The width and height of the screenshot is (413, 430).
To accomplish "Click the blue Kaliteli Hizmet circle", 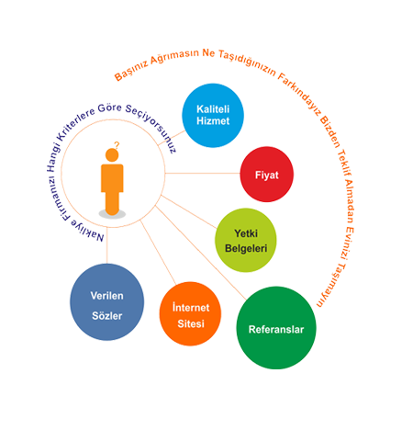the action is [x=213, y=116].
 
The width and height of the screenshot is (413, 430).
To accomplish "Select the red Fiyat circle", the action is [x=267, y=175].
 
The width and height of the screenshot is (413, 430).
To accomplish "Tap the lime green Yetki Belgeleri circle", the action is [x=246, y=240].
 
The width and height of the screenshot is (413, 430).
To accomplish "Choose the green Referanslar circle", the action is [x=276, y=328].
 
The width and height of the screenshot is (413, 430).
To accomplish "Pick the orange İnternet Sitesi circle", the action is [x=190, y=314].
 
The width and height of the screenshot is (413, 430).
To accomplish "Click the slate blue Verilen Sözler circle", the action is [x=107, y=302].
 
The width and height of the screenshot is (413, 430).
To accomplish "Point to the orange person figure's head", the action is [x=112, y=155].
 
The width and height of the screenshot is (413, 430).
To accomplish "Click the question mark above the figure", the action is [x=117, y=145].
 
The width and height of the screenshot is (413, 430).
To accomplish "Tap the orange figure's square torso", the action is [x=112, y=178].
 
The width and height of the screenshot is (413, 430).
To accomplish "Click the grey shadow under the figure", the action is [x=112, y=214].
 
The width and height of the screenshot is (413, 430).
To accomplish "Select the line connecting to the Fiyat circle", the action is [x=203, y=174].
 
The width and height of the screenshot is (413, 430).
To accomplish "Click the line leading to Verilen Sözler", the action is [x=107, y=245].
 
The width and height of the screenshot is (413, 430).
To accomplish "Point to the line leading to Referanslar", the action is [x=201, y=253].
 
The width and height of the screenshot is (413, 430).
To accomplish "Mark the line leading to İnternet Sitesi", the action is [x=158, y=253].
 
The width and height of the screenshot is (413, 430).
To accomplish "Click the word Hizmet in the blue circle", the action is [x=213, y=121].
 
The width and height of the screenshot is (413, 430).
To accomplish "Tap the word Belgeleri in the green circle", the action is [x=246, y=248].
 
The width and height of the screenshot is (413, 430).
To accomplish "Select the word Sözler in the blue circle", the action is [x=107, y=316].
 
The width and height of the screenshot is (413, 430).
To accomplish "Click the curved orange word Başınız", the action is [x=131, y=71].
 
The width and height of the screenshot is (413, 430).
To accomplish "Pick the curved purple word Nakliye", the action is [x=88, y=230].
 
